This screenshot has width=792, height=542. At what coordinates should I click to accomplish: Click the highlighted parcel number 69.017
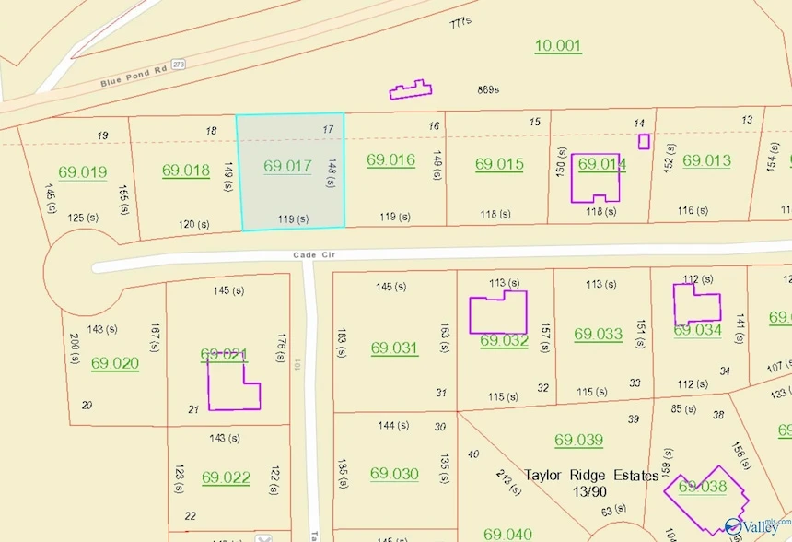[287, 166]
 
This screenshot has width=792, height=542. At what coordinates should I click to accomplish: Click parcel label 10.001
[558, 45]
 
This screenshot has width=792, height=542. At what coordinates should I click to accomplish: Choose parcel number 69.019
[82, 171]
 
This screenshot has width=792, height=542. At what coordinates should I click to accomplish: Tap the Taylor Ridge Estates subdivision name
[591, 476]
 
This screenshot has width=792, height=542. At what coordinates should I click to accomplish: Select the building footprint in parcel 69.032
[498, 313]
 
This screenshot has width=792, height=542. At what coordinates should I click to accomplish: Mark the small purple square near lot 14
[644, 141]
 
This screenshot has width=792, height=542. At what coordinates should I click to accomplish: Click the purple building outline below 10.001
[411, 89]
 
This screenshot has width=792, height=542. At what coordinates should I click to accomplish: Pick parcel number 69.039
[578, 440]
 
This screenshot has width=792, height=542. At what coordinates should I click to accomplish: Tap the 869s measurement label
[488, 89]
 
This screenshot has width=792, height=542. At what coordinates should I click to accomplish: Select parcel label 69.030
[394, 474]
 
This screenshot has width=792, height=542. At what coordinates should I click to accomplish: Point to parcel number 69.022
[226, 477]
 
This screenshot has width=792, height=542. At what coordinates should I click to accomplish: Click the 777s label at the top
[460, 22]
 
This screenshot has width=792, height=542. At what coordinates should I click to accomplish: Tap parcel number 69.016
[390, 159]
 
